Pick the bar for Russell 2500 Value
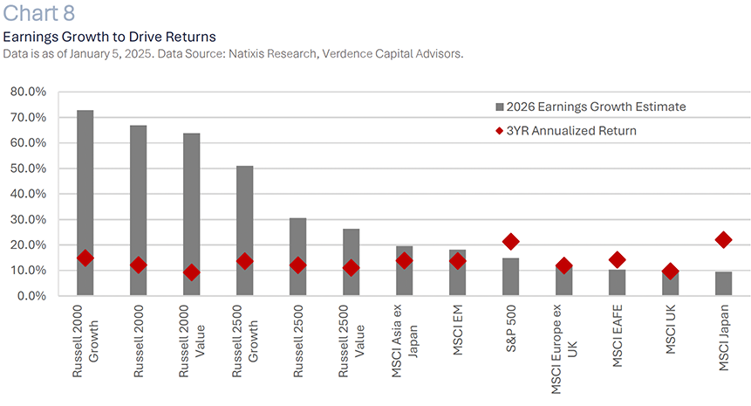(x=351, y=262)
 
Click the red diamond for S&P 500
(x=511, y=242)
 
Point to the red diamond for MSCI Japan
(x=724, y=239)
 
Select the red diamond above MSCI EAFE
(x=618, y=259)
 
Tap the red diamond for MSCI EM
(x=458, y=261)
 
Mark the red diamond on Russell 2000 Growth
(x=85, y=258)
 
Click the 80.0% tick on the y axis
(x=29, y=92)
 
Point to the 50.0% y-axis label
(x=29, y=169)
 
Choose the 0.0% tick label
(x=31, y=296)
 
